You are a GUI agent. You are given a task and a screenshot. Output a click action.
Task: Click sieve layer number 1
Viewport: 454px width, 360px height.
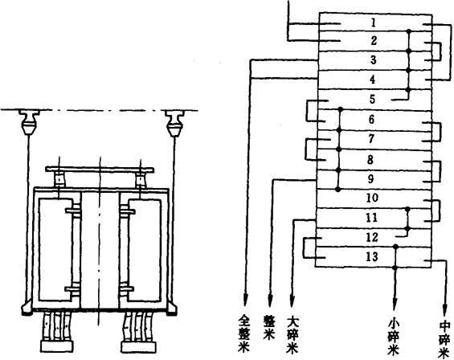point(374,22)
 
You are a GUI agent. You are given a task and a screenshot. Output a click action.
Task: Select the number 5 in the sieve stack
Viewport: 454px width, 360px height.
point(372,99)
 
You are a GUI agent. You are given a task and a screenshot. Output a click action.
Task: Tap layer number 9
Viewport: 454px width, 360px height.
point(371,178)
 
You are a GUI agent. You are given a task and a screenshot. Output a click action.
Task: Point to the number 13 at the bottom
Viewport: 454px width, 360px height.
point(372,256)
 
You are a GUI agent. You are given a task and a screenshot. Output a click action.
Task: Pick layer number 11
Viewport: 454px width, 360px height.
point(372,217)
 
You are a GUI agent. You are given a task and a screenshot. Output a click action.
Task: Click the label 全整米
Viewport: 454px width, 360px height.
point(243,333)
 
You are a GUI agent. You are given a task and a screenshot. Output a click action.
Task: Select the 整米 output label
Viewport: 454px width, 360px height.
point(269,327)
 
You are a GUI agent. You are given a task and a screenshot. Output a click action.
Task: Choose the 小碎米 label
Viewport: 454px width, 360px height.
point(395,336)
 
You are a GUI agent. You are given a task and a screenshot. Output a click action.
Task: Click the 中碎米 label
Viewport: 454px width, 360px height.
point(444,339)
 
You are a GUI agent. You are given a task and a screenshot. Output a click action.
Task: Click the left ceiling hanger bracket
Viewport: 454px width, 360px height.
point(29,122)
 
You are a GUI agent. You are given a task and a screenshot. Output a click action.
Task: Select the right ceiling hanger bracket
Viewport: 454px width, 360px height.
point(174,122)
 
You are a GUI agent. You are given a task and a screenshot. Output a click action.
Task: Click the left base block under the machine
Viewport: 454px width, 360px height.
point(57,346)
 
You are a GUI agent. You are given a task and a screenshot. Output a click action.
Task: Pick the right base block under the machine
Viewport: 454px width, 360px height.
point(139,347)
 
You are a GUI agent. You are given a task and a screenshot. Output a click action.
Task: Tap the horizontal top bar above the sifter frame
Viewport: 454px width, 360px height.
point(100,170)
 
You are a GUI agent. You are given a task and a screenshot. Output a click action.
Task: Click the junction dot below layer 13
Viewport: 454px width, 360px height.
point(395,267)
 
